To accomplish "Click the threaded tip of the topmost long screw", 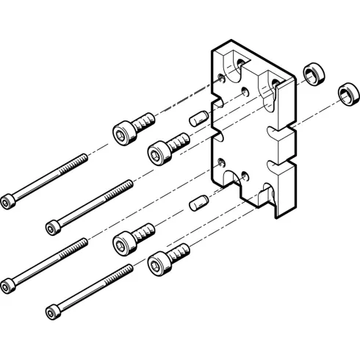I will (x=84, y=156).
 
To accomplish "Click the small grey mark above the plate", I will (x=232, y=36).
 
